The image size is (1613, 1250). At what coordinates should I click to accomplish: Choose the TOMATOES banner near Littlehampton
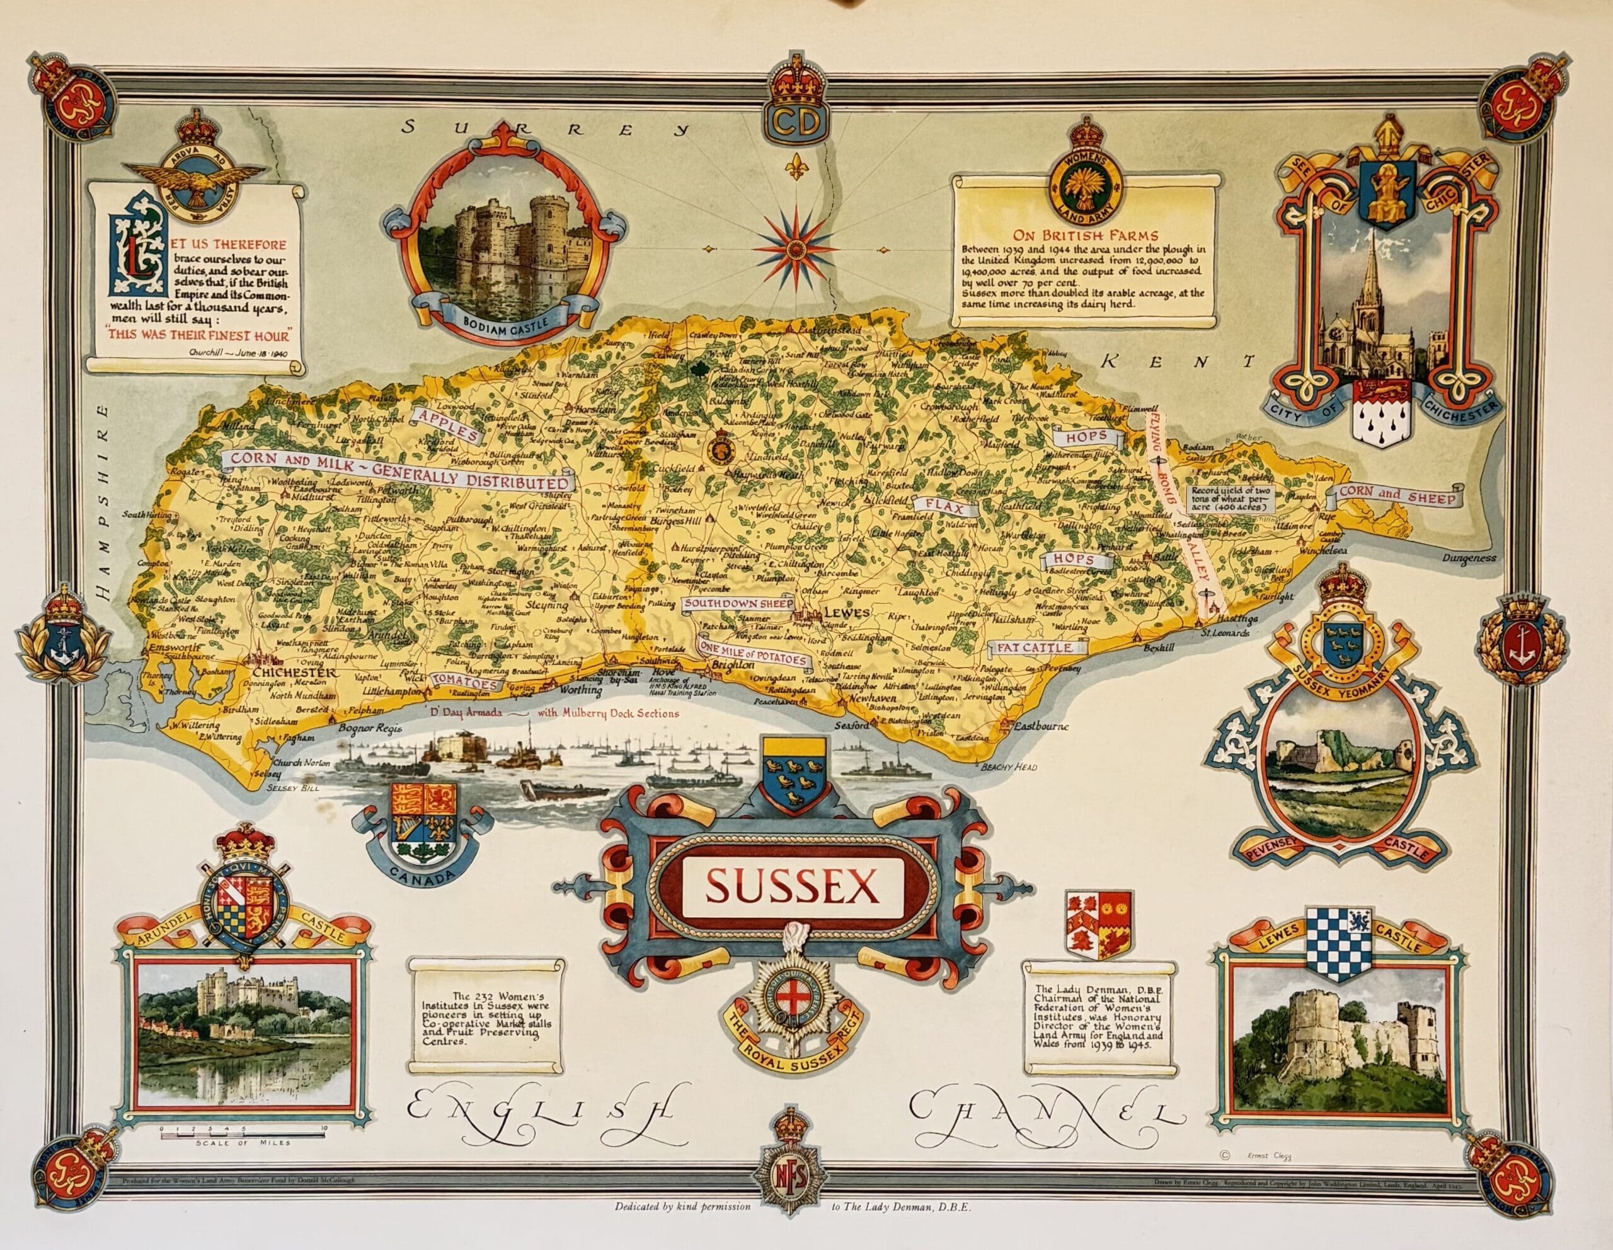tap(464, 683)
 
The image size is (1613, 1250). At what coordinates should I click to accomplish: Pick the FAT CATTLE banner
tap(1038, 648)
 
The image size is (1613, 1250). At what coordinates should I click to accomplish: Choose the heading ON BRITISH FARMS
tap(1082, 236)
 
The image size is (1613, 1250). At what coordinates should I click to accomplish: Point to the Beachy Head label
tap(1009, 768)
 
